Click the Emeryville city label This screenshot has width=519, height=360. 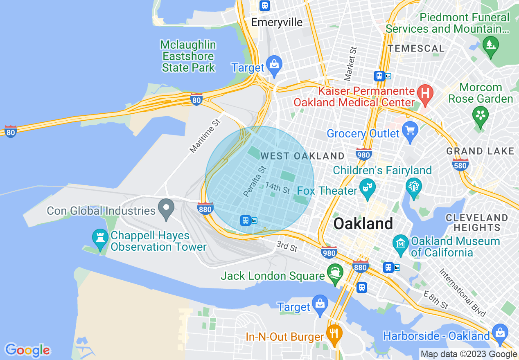(277, 22)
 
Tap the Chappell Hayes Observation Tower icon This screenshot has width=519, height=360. (100, 239)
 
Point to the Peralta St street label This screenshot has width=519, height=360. (254, 181)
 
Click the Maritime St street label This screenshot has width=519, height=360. (205, 136)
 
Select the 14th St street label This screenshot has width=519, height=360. (278, 188)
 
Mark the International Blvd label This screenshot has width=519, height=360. (462, 292)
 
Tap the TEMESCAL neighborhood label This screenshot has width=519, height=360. (416, 49)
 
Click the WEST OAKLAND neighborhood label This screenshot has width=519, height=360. (302, 156)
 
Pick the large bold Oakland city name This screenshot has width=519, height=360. (363, 224)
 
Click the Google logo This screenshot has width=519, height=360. (27, 350)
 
